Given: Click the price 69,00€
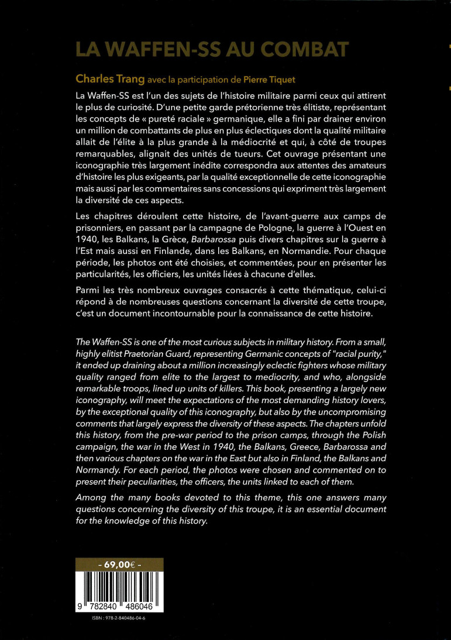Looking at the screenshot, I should tap(119, 565).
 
